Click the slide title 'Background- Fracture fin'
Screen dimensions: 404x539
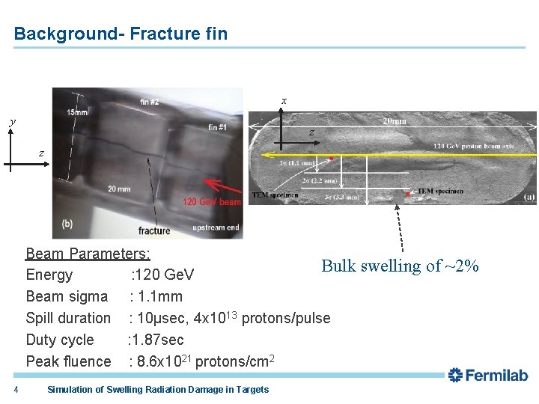click(x=121, y=34)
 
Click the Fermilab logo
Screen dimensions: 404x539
click(x=488, y=376)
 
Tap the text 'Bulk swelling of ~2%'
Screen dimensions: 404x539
click(x=400, y=266)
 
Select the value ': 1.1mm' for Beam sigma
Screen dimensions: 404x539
click(x=156, y=296)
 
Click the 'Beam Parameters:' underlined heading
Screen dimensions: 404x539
click(x=88, y=254)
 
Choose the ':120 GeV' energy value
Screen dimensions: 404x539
click(x=162, y=275)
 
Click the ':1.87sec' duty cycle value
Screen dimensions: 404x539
click(x=156, y=340)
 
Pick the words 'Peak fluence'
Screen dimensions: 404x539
click(x=68, y=361)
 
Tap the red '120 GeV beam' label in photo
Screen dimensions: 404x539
click(x=211, y=202)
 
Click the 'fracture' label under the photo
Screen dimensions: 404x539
click(x=154, y=230)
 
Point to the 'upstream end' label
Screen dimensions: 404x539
click(x=216, y=227)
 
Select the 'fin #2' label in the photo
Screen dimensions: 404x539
click(x=149, y=102)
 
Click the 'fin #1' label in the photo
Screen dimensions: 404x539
click(x=217, y=127)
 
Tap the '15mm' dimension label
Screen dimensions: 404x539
click(x=77, y=112)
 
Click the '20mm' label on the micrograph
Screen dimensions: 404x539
click(x=395, y=121)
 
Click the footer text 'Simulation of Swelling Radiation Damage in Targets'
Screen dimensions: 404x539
click(x=157, y=389)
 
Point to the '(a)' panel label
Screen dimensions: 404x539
click(x=529, y=197)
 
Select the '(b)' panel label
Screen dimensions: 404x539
click(x=67, y=224)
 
